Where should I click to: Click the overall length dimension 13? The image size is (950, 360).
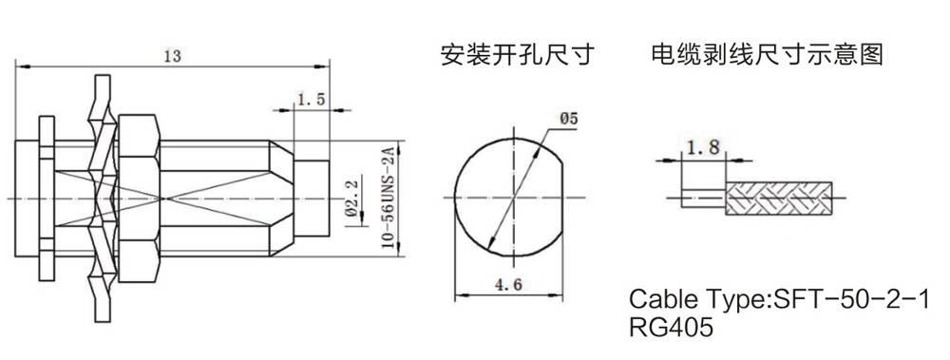[172, 56]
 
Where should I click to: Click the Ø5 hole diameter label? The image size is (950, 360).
[569, 120]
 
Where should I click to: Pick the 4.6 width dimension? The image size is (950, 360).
[509, 285]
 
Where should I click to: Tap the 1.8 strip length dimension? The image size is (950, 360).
[703, 146]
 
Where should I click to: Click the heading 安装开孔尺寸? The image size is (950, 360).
[517, 55]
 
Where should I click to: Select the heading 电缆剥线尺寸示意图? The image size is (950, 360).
[767, 54]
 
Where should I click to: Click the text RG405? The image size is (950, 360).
[672, 328]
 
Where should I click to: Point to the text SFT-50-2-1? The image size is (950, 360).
[849, 299]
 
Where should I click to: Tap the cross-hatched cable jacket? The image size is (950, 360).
[779, 198]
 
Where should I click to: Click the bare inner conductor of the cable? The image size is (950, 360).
[703, 198]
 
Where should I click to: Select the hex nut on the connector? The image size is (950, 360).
[139, 199]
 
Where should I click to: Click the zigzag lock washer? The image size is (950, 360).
[102, 199]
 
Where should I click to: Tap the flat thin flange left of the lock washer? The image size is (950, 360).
[47, 199]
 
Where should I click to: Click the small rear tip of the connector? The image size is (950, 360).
[312, 199]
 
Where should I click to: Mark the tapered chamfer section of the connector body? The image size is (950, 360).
[282, 199]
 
